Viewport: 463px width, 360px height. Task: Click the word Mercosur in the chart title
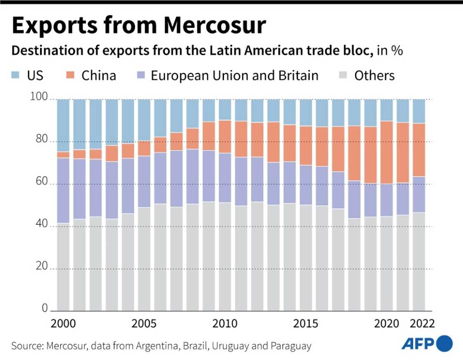pos(215,26)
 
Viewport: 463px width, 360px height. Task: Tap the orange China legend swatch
pos(71,75)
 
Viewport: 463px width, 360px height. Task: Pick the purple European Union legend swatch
pos(140,75)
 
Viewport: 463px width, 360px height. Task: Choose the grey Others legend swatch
pos(344,75)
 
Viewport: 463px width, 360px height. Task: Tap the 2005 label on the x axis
pos(144,323)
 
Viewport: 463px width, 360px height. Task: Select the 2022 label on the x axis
pos(420,323)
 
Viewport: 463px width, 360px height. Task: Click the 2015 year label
pos(306,323)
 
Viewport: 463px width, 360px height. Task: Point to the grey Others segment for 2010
pos(225,257)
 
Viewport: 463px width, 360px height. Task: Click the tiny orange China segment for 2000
pos(63,155)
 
